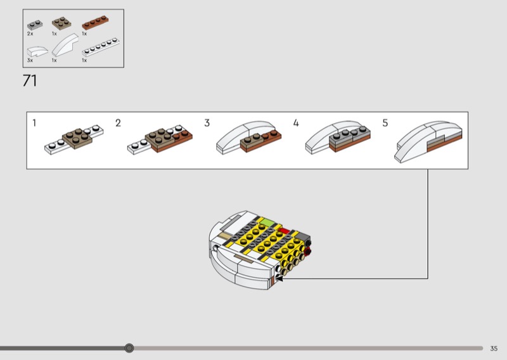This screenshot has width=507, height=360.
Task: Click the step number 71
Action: click(x=29, y=81)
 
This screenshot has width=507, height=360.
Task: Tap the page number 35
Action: click(x=494, y=348)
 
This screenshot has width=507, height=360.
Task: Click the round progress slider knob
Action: click(x=129, y=348)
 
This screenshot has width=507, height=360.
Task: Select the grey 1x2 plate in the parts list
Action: click(x=35, y=24)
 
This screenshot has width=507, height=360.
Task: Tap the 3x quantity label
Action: click(x=30, y=60)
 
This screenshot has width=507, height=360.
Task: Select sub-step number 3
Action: click(x=207, y=122)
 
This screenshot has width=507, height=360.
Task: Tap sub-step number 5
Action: click(x=385, y=122)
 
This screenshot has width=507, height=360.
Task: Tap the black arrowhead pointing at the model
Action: click(x=279, y=278)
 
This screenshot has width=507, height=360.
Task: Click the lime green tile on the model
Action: click(x=269, y=222)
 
